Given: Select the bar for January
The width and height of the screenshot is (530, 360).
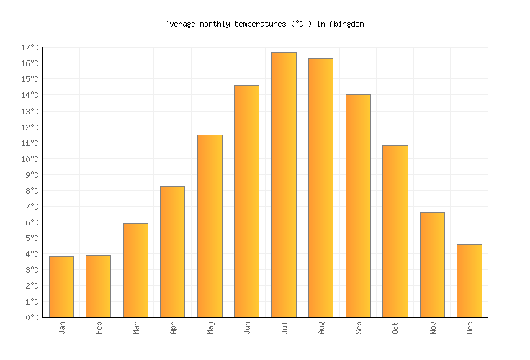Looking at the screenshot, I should click(x=61, y=287).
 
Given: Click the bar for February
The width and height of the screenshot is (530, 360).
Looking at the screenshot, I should click(x=98, y=286).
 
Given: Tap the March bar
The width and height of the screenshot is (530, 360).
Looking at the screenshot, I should click(x=135, y=270).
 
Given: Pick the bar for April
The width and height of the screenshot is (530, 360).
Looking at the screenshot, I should click(x=172, y=252).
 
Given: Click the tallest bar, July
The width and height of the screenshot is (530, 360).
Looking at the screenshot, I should click(x=284, y=184).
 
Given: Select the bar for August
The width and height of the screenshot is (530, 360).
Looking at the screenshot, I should click(x=320, y=188).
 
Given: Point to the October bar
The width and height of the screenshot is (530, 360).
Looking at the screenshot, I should click(x=395, y=231).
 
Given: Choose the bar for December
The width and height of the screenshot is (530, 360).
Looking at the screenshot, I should click(x=469, y=281).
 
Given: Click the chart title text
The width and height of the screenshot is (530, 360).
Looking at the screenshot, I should click(x=264, y=24).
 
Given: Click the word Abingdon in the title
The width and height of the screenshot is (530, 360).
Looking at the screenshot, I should click(x=346, y=24).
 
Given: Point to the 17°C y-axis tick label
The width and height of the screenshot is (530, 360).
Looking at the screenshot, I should click(x=30, y=48).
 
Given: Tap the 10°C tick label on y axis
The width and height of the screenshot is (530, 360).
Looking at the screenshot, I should click(x=30, y=159).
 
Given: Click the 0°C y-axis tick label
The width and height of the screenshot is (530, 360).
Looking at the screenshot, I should click(x=32, y=318).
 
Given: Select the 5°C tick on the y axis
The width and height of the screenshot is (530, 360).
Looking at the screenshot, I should click(x=32, y=238).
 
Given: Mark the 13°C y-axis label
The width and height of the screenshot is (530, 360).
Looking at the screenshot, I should click(x=30, y=112).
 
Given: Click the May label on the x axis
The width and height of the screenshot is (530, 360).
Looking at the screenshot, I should click(x=210, y=328).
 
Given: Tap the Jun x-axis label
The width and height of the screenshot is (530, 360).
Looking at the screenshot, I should click(x=247, y=328).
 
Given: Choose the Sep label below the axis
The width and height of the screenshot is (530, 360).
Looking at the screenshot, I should click(x=359, y=328).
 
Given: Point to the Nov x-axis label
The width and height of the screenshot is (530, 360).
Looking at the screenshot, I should click(x=433, y=328).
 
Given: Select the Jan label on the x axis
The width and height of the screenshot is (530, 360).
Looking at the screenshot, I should click(x=62, y=328).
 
